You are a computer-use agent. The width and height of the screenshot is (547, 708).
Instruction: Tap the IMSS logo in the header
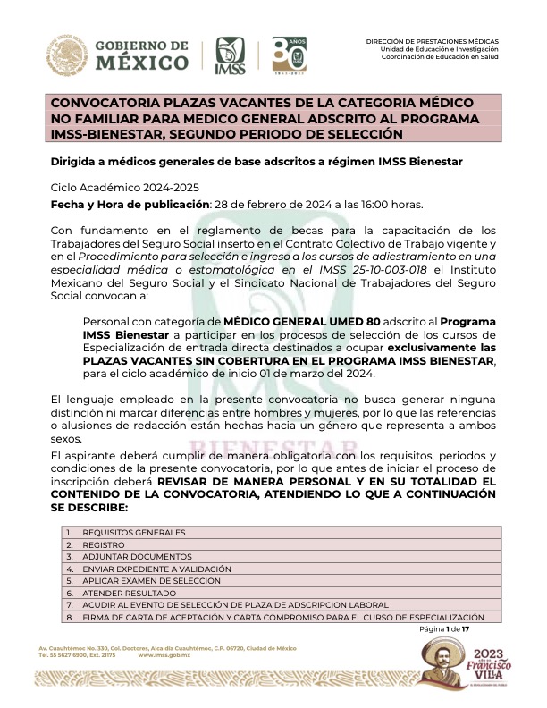point(231,56)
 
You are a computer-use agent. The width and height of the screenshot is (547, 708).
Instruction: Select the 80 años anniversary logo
point(290,55)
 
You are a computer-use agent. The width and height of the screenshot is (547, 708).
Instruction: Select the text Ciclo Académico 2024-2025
point(125,187)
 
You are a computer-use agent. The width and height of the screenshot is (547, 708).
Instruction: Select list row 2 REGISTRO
point(104,544)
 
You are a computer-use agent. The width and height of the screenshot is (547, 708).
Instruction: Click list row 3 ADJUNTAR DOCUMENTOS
point(133,556)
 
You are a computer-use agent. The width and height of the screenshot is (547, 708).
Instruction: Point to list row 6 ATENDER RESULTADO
point(126,592)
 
